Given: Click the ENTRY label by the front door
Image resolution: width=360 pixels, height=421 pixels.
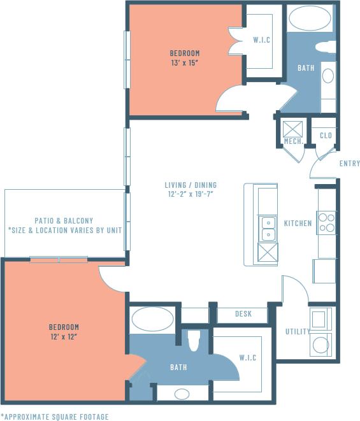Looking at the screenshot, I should point(349,164).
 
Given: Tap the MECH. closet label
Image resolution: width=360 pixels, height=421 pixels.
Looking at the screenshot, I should point(293,141).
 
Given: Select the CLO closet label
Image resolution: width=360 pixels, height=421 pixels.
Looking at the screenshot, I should point(326,136).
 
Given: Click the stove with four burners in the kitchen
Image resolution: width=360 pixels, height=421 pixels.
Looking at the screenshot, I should point(326,222).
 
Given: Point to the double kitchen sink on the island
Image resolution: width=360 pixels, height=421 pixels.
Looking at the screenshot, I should point(267,228).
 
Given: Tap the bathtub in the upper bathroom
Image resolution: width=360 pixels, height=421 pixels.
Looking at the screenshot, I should point(309,18).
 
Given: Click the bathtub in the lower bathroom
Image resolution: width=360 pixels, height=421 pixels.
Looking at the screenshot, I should point(152,318).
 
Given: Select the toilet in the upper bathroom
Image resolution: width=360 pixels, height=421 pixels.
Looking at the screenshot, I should point(326,46).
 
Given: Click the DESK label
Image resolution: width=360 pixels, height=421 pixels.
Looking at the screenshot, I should point(243,314).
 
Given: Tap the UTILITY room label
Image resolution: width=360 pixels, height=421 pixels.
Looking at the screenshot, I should point(298,332).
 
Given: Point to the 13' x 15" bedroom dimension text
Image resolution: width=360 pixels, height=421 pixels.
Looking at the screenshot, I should point(185,62).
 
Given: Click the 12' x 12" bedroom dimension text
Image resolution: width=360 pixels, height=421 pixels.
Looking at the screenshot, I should point(64,336).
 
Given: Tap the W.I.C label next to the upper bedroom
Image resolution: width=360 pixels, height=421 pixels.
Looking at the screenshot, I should point(262,40).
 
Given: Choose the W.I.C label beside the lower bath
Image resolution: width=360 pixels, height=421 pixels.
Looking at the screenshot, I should point(247,358).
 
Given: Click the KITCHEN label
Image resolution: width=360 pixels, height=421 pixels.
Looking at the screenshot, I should point(298,224).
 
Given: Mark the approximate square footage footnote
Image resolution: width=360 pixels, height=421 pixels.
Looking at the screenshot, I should point(54,416).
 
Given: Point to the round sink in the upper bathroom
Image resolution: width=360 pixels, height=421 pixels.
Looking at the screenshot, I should point(328,76).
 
